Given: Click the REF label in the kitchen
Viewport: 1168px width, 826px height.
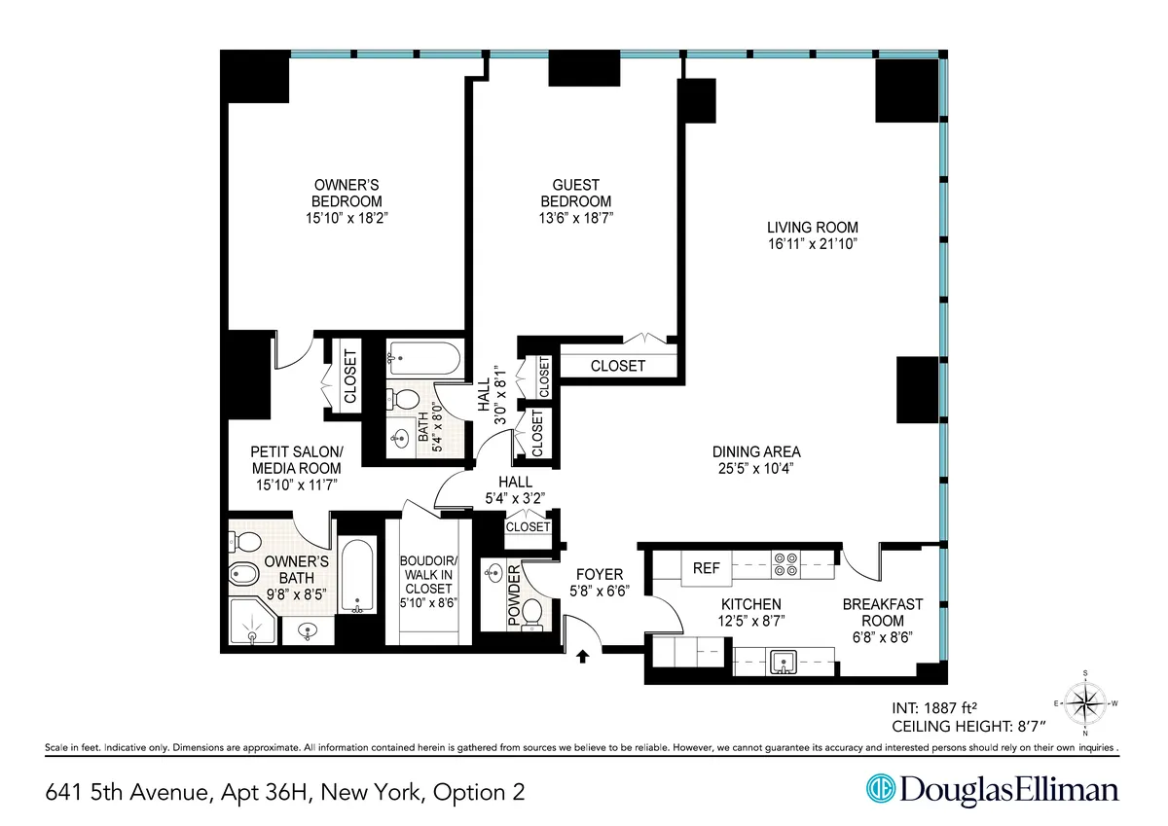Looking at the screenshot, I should pos(706,568).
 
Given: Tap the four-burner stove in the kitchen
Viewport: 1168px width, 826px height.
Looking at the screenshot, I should pos(785,565).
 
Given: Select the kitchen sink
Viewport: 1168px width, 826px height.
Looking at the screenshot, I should pos(783,664).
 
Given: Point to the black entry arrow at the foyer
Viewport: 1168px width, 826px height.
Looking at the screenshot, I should pos(583,657).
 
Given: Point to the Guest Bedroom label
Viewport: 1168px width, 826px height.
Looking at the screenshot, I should pos(575,193).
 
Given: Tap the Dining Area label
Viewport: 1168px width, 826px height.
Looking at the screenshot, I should pos(756,451).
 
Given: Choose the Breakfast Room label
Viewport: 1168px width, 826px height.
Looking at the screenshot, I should pos(883,612).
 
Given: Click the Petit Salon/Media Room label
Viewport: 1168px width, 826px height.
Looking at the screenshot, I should pos(296,459).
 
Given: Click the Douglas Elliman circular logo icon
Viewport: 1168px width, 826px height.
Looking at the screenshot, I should pos(882,790).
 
